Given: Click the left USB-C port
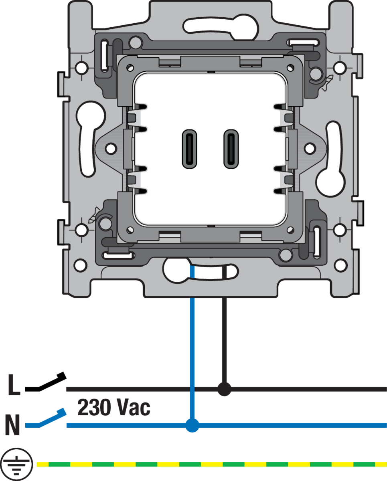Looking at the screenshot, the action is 189,149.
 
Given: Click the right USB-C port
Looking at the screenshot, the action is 231,149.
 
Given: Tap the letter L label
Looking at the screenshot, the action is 14,385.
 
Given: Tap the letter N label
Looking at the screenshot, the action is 12,425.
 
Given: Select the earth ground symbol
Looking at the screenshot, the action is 16,464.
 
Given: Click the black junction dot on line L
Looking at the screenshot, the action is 224,389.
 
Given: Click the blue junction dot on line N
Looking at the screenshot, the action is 192,425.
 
